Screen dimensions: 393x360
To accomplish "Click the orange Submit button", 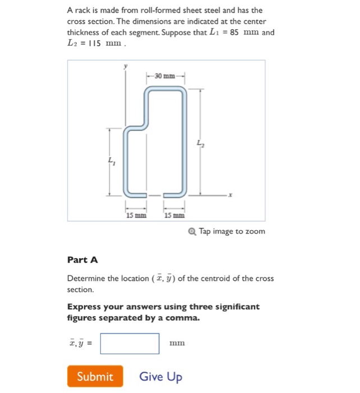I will point(95,376).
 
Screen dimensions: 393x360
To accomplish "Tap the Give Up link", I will point(160,376).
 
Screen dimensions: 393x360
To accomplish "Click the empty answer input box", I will point(130,344).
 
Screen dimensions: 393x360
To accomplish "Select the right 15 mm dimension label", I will point(174,215).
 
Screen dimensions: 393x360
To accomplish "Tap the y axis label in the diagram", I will point(126,66).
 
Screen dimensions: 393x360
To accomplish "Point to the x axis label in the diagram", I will point(230,195).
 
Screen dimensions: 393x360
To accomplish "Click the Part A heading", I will point(82,259).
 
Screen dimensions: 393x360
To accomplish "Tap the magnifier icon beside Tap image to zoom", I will point(193,231).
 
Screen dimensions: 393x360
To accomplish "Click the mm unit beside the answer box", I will point(177,343).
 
